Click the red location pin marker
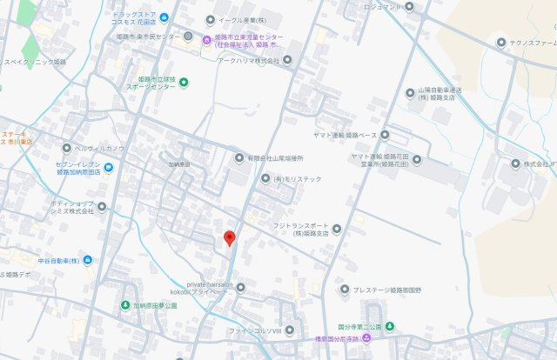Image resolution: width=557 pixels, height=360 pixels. pyautogui.click(x=229, y=237)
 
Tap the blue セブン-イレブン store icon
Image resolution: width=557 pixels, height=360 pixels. pyautogui.click(x=108, y=167)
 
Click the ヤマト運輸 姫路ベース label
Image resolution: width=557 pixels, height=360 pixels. pyautogui.click(x=344, y=135)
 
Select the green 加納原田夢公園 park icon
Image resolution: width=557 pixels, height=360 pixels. pyautogui.click(x=126, y=305)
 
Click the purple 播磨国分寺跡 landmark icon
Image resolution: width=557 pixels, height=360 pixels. pyautogui.click(x=366, y=337)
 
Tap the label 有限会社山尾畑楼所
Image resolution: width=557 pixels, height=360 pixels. pyautogui.click(x=275, y=158)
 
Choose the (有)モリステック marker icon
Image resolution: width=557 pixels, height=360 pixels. pyautogui.click(x=266, y=178)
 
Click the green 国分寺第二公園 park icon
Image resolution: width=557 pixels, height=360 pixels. pyautogui.click(x=390, y=326)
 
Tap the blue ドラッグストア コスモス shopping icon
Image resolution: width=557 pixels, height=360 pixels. pyautogui.click(x=164, y=17)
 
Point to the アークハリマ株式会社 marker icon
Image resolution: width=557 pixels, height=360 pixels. pyautogui.click(x=287, y=61)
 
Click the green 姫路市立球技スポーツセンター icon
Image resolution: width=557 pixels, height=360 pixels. pyautogui.click(x=184, y=82)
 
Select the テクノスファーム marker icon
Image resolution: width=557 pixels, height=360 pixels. pyautogui.click(x=500, y=43)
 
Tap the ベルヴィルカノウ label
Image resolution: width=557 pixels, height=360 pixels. pyautogui.click(x=99, y=148)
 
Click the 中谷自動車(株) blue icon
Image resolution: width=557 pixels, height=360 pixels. pyautogui.click(x=88, y=260)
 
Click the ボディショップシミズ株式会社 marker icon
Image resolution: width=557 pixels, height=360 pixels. pyautogui.click(x=101, y=206)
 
